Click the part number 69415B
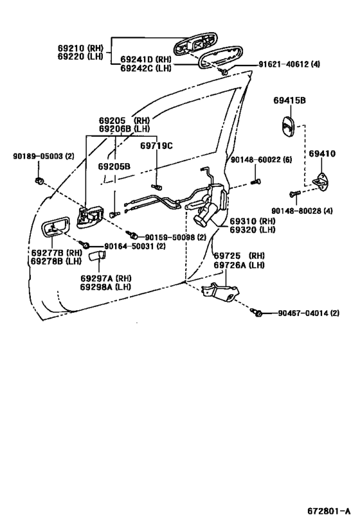[289, 100]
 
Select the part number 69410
[321, 153]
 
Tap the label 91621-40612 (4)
[289, 64]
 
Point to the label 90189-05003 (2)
[44, 156]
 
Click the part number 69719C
[156, 146]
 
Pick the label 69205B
[114, 166]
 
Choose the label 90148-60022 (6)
[261, 160]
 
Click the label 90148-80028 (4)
[302, 211]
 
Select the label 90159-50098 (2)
[175, 237]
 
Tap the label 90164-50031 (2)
[135, 246]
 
